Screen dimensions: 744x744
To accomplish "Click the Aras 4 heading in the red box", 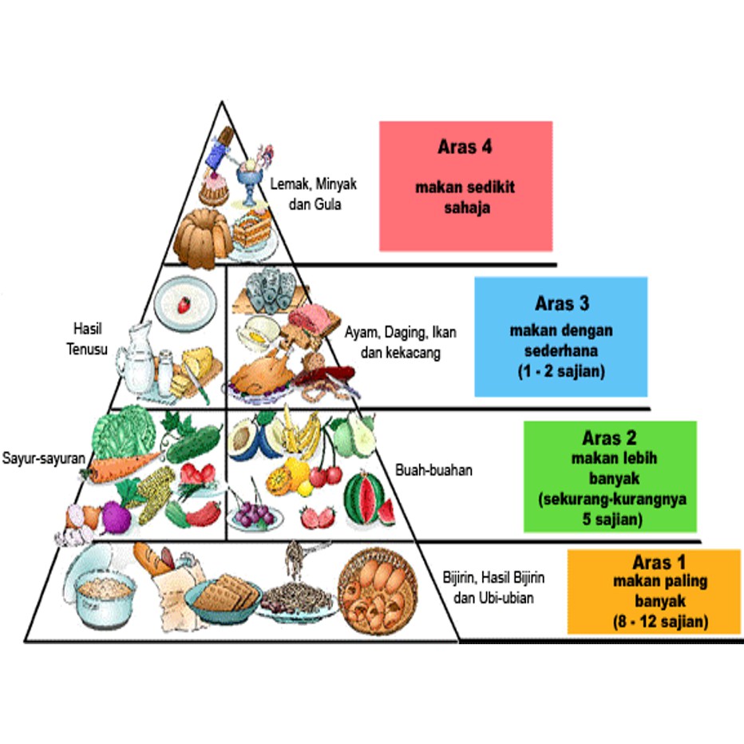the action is click(x=465, y=148).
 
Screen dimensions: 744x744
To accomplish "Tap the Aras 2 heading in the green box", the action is click(x=609, y=438).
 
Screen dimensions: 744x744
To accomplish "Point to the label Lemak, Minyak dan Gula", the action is click(x=313, y=192).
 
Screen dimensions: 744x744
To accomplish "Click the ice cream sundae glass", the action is click(x=253, y=172).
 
